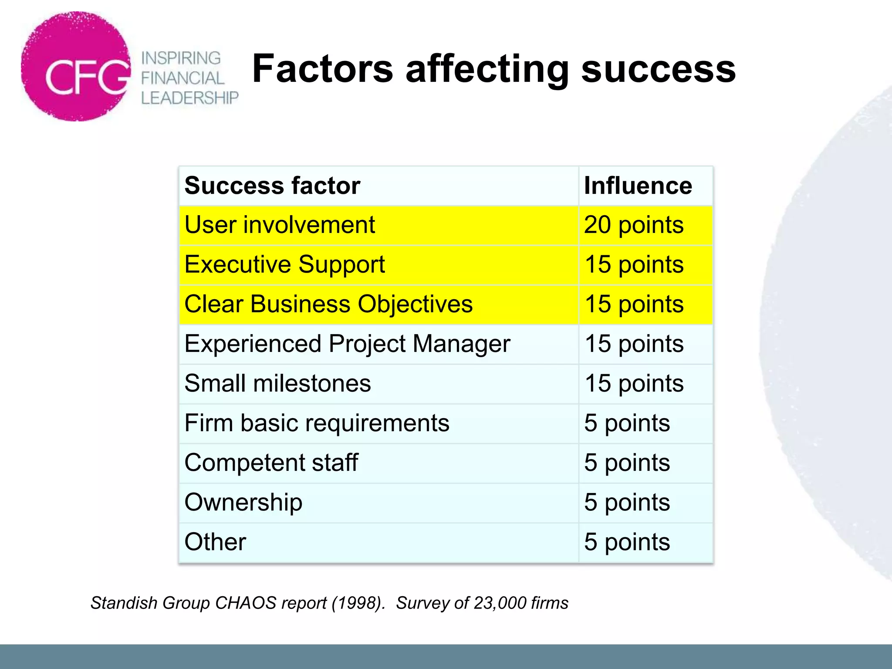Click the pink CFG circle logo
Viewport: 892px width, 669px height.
[76, 67]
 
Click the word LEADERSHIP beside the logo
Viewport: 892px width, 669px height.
[190, 98]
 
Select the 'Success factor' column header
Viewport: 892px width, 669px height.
[272, 186]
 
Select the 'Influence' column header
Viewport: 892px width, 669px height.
[638, 186]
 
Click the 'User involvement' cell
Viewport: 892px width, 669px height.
[280, 225]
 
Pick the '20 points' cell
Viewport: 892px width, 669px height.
[634, 225]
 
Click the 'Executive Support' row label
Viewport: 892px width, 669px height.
[284, 265]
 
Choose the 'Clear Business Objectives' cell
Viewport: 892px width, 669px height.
[328, 304]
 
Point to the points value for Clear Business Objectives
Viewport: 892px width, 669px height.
[634, 304]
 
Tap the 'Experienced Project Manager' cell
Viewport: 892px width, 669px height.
[347, 344]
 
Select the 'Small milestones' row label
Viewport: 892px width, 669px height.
[277, 384]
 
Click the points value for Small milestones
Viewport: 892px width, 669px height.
[634, 384]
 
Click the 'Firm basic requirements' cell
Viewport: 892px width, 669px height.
[317, 423]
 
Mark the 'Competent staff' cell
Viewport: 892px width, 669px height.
[271, 463]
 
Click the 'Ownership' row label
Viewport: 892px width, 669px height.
[243, 503]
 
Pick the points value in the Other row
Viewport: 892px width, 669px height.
[627, 542]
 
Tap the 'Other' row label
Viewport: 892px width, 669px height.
[215, 542]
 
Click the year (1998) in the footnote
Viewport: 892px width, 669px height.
[358, 603]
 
